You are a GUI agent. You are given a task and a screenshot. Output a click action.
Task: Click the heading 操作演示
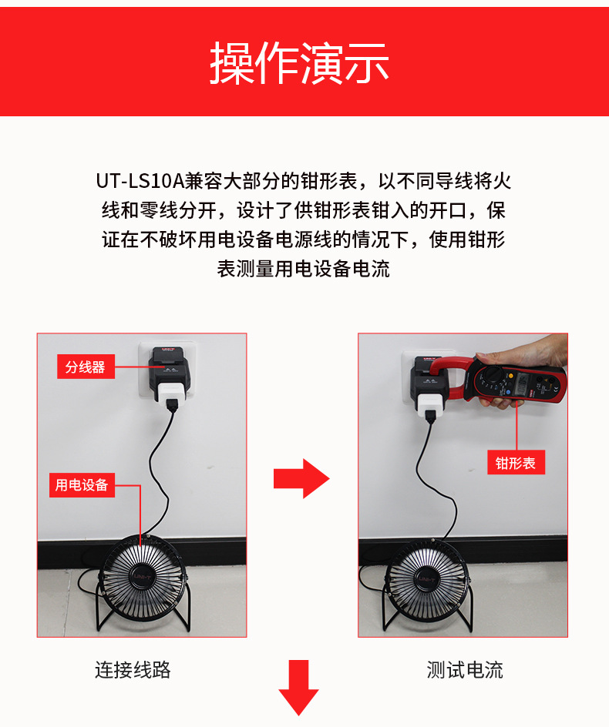pos(299,63)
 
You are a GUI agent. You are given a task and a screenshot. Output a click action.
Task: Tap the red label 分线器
pos(85,367)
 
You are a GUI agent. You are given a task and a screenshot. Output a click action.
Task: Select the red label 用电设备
pos(82,485)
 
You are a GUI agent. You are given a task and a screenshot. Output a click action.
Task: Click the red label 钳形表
pos(516,463)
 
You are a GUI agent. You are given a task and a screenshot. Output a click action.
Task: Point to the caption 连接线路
pos(133,670)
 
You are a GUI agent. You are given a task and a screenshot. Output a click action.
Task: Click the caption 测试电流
pos(465,670)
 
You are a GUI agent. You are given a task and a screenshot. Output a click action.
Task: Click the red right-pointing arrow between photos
pos(301,478)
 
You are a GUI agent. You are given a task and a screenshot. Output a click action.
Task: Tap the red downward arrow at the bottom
pos(298,687)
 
